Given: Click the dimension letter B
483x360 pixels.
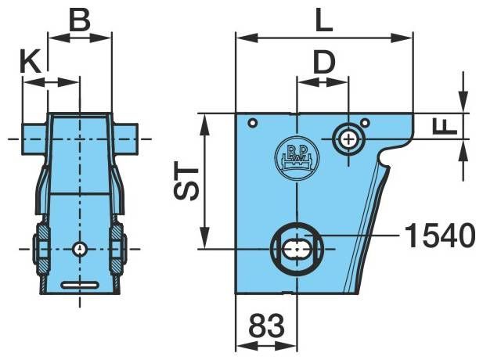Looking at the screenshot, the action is coord(80,20).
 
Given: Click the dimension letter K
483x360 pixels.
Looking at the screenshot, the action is coord(31,62).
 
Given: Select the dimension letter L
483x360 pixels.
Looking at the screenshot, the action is coord(324,20).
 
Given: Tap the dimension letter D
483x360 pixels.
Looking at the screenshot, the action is coord(324,63).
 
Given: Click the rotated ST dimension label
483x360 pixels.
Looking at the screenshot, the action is coord(186,184).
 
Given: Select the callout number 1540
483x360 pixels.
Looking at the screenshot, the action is coord(440,236).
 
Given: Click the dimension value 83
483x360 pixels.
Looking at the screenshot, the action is coord(266,326).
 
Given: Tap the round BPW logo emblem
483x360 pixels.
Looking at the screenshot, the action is coord(297,158).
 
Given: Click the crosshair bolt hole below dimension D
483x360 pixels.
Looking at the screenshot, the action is coord(348,139).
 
